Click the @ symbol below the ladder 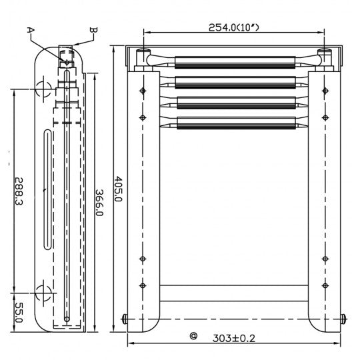193,337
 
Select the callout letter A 30,29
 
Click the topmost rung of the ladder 234,65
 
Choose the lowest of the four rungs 234,122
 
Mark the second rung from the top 234,83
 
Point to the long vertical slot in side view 47,191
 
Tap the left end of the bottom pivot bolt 125,319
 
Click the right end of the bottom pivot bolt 343,319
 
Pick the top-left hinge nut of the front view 141,53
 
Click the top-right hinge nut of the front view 325,53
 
